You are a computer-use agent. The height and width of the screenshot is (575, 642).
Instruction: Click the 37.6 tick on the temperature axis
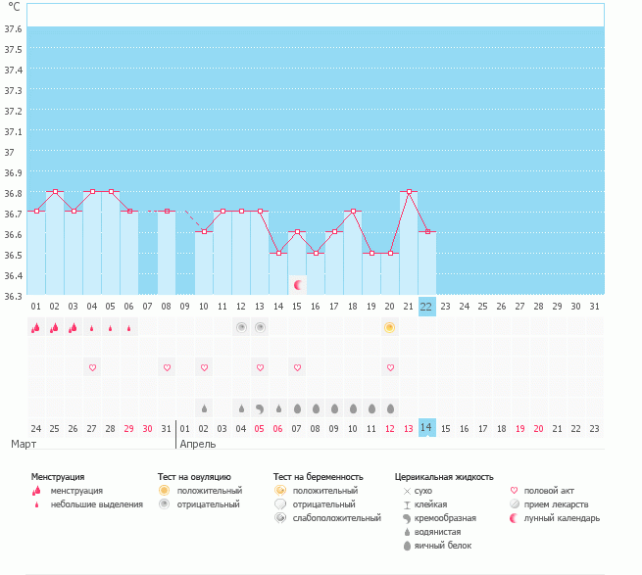tap(13, 27)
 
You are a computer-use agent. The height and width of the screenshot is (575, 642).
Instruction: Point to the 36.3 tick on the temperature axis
tap(13, 295)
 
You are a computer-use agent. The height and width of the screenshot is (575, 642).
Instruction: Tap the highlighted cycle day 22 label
tap(426, 307)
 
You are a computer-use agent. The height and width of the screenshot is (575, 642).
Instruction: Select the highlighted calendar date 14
tap(426, 428)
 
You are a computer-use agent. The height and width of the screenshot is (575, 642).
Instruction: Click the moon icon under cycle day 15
tap(297, 284)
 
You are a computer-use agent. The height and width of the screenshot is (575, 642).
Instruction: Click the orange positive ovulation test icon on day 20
tap(390, 327)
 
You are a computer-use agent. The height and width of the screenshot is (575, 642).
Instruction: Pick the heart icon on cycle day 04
tap(92, 367)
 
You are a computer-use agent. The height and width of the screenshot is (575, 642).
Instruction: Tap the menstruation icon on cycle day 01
tap(35, 327)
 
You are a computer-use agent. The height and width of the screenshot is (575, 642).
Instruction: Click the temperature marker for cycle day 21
tap(409, 191)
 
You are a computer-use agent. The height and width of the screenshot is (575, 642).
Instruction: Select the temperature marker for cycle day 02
tap(55, 191)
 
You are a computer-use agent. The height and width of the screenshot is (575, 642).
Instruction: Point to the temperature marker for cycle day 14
tap(278, 253)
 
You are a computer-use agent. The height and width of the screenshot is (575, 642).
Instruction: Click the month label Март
tap(25, 445)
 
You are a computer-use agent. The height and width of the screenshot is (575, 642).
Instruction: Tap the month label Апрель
tap(199, 445)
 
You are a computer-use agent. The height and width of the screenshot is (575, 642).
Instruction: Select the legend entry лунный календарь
tap(562, 517)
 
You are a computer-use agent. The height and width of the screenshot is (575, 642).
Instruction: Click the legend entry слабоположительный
tap(336, 517)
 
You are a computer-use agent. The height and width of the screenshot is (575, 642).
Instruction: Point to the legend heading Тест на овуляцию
tap(194, 477)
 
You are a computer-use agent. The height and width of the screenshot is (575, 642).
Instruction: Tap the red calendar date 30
tap(148, 428)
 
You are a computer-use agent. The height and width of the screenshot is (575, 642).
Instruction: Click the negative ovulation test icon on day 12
tap(241, 327)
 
